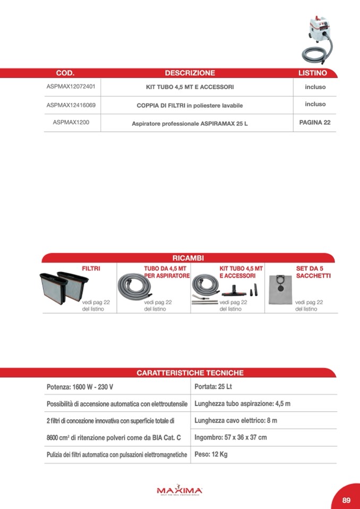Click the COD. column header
point(65,73)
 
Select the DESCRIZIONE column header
point(190,73)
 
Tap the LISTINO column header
point(313,73)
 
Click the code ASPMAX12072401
point(71,87)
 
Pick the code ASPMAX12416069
point(71,105)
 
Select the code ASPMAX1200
point(71,123)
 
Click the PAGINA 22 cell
point(315,123)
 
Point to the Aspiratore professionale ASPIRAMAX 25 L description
point(190,124)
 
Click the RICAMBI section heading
point(188,257)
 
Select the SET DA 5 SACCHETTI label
point(313,272)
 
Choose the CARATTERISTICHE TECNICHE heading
point(190,373)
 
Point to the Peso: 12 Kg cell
point(211,455)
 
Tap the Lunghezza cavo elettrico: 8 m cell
point(236,421)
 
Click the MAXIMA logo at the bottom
point(179,490)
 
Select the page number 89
point(346,500)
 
